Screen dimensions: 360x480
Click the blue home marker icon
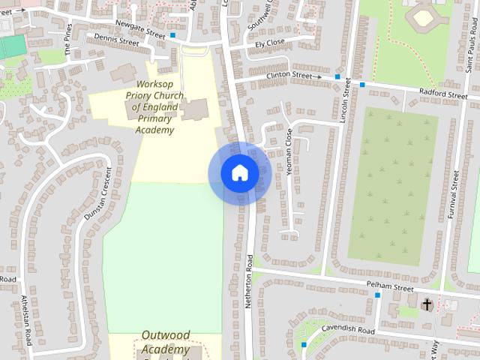[239, 173]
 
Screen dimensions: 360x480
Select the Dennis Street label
[112, 40]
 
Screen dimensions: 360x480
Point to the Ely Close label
[270, 43]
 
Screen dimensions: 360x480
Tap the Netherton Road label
[250, 277]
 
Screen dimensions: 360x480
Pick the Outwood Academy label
[165, 342]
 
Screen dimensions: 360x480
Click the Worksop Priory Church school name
[156, 107]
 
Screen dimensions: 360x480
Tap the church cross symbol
[427, 304]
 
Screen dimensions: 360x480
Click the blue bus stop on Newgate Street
[173, 34]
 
